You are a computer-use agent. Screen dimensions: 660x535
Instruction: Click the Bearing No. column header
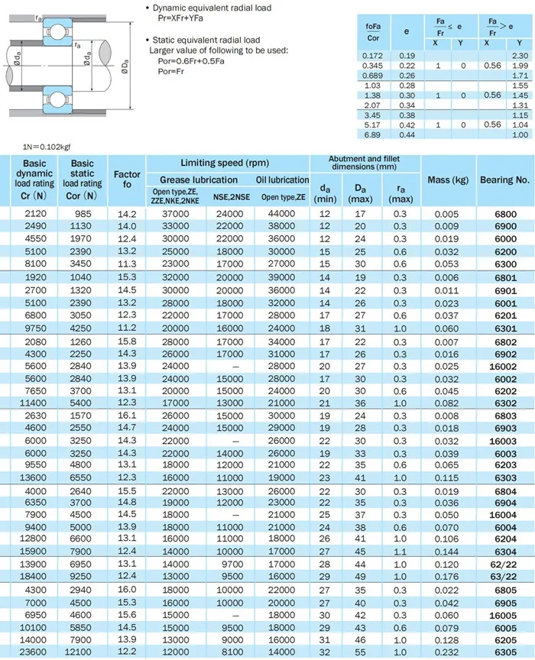pyautogui.click(x=504, y=180)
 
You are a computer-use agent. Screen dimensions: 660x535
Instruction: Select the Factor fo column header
pyautogui.click(x=127, y=180)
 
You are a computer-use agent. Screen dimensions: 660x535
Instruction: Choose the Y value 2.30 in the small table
pyautogui.click(x=520, y=56)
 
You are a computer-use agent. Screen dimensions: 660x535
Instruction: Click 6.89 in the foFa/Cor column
pyautogui.click(x=372, y=134)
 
